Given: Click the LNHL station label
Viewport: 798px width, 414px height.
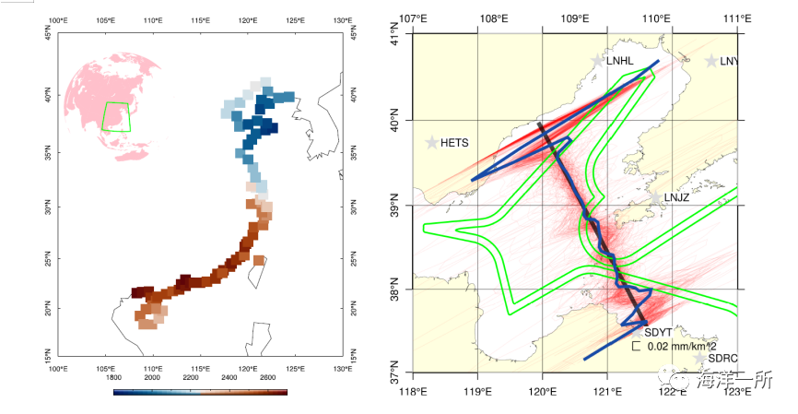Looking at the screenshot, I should click(x=620, y=62).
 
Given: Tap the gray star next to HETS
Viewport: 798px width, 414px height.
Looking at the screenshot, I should click(x=431, y=143).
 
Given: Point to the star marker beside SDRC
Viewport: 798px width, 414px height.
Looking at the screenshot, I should click(x=700, y=358).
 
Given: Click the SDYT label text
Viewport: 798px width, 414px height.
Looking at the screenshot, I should click(x=657, y=332).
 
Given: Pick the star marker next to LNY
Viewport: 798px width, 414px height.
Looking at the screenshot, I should click(x=711, y=61).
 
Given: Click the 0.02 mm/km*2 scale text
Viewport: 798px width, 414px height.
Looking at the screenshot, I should click(x=679, y=347).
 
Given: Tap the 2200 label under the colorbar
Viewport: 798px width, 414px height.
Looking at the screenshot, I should click(x=192, y=378).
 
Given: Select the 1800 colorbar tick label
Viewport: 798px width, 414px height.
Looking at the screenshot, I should click(x=114, y=378).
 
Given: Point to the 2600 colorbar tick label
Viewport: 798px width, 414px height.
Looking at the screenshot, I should click(x=268, y=378).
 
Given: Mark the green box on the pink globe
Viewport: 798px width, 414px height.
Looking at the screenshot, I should click(x=116, y=116).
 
